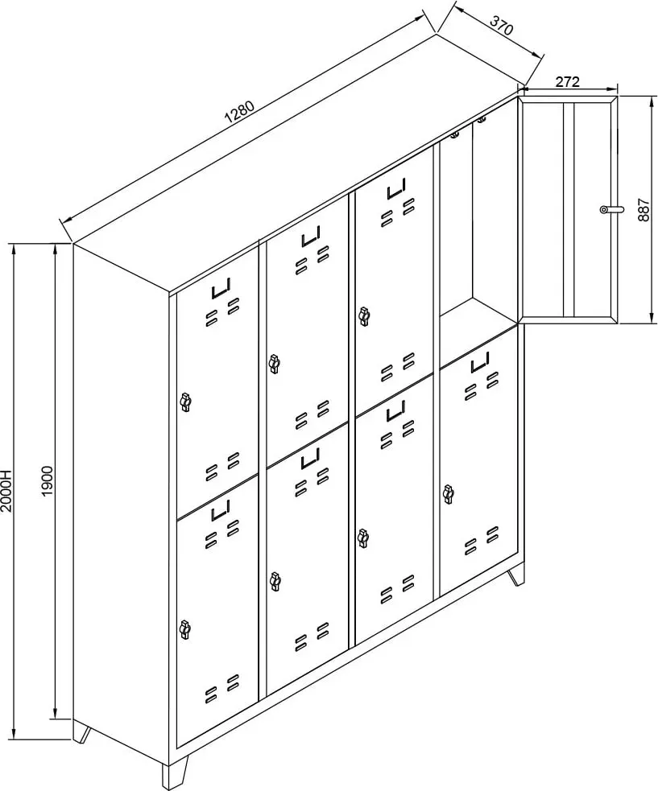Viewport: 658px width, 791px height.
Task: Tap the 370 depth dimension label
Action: point(502,25)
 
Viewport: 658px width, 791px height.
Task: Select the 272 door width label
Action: point(568,82)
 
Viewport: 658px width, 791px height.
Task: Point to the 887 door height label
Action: point(644,209)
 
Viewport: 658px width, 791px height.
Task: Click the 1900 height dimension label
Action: point(47,480)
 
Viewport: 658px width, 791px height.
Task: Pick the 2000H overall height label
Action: point(6,492)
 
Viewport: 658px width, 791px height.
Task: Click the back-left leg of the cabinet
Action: point(82,734)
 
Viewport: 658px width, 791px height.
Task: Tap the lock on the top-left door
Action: point(185,402)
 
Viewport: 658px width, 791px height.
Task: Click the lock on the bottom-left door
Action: point(184,628)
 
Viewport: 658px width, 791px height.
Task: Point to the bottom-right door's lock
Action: point(448,494)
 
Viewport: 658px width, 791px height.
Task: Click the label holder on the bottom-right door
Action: point(480,362)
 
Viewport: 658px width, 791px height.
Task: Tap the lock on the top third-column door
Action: point(363,315)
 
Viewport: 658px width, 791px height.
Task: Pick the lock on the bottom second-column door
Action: point(275,581)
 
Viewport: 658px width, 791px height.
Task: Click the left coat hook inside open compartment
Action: point(455,134)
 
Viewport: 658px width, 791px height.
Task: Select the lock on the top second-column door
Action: point(274,364)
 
